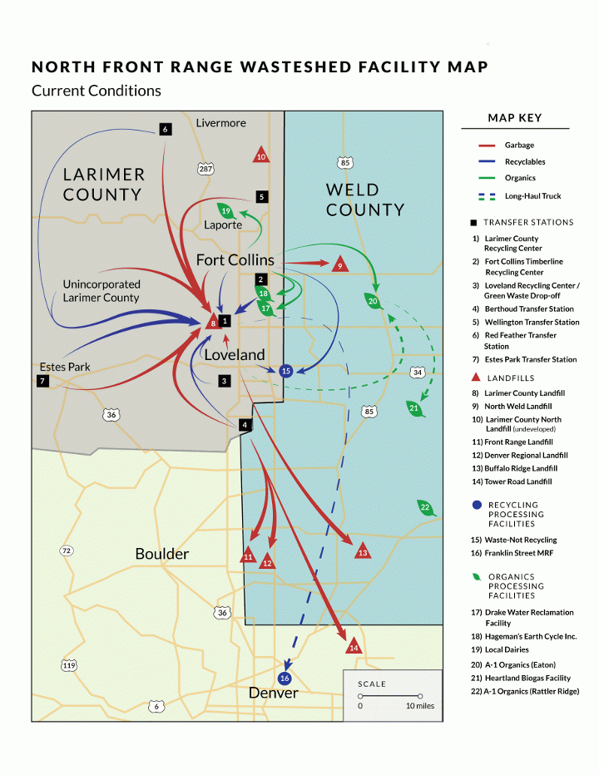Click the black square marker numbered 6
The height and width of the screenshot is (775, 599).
pyautogui.click(x=166, y=130)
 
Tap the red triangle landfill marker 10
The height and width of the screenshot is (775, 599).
pyautogui.click(x=260, y=155)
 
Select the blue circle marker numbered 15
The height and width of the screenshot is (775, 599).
pyautogui.click(x=286, y=371)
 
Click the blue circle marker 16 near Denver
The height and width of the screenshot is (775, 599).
pyautogui.click(x=285, y=679)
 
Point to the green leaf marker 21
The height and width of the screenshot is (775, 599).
pyautogui.click(x=414, y=408)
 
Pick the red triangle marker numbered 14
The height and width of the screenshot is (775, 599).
pyautogui.click(x=354, y=646)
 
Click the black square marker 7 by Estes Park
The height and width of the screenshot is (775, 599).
pyautogui.click(x=42, y=381)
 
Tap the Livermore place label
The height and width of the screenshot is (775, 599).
pyautogui.click(x=220, y=123)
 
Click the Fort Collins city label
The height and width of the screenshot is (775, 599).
pyautogui.click(x=235, y=260)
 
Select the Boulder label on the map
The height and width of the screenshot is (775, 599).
pyautogui.click(x=161, y=554)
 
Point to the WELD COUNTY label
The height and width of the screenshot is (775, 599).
pyautogui.click(x=365, y=200)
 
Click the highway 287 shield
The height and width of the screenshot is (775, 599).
pyautogui.click(x=205, y=169)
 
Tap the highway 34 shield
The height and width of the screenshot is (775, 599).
pyautogui.click(x=418, y=373)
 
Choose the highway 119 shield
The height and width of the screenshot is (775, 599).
pyautogui.click(x=69, y=665)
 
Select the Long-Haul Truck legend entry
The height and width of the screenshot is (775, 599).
pyautogui.click(x=520, y=196)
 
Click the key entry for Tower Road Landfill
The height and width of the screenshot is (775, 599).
pyautogui.click(x=512, y=481)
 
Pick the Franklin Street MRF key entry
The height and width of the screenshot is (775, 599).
pyautogui.click(x=512, y=553)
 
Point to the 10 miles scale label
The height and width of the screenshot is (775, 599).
pyautogui.click(x=420, y=706)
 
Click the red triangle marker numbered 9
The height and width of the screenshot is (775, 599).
pyautogui.click(x=339, y=264)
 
